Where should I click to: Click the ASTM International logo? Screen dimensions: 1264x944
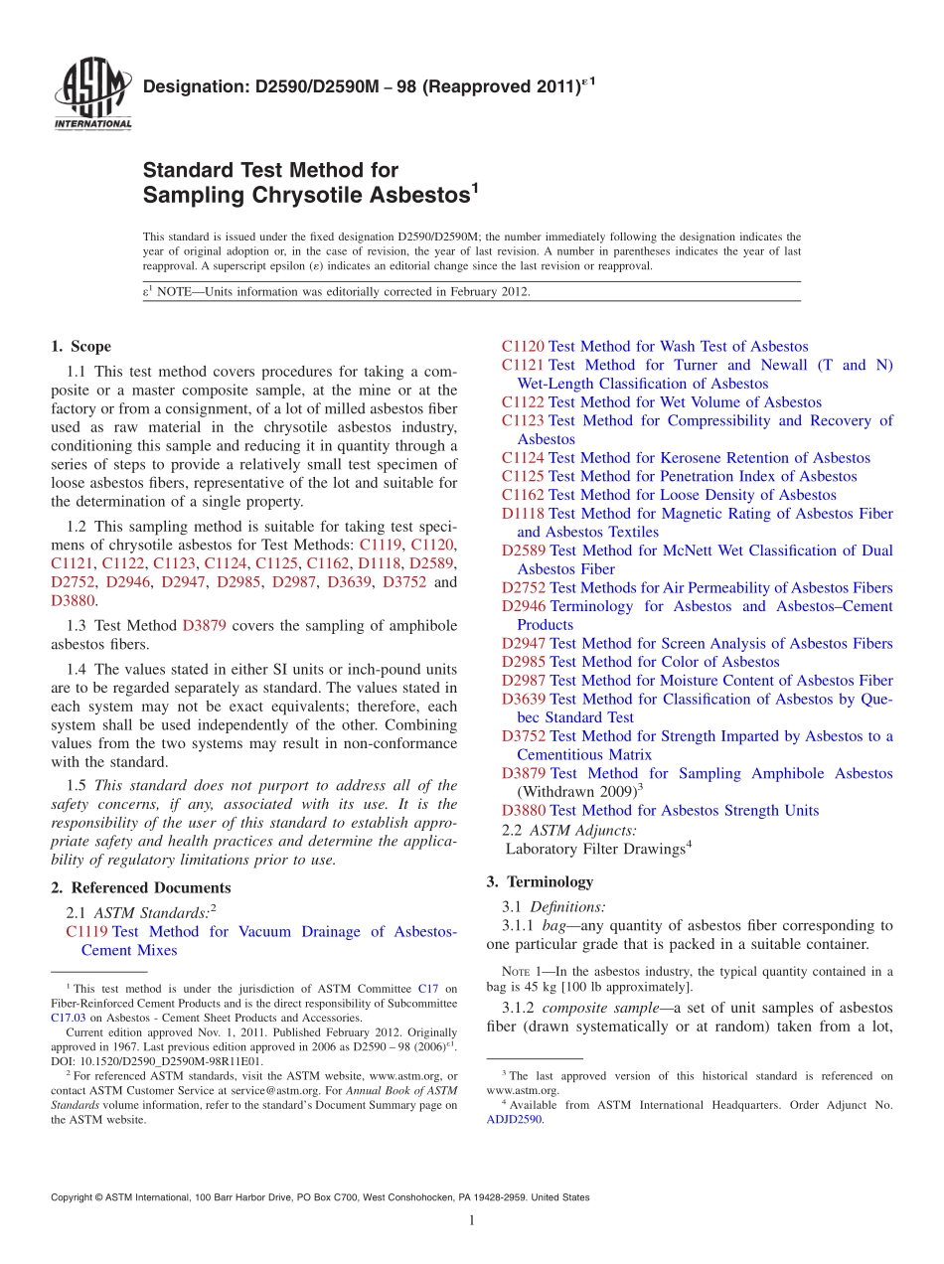tap(92, 95)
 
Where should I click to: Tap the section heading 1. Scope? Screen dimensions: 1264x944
tap(80, 347)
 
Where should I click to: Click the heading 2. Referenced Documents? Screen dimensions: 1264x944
tap(140, 888)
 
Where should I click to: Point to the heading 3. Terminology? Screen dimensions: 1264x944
tap(540, 881)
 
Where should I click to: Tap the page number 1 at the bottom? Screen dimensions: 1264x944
tap(472, 1220)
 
